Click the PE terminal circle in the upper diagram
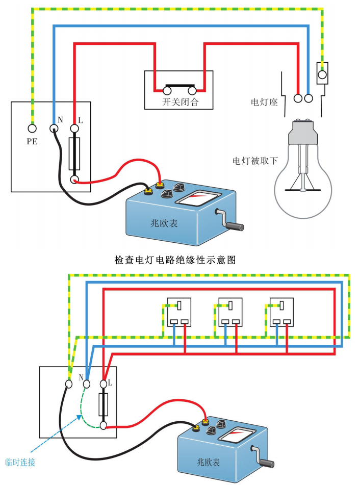pos(32,128)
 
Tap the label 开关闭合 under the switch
pos(181,102)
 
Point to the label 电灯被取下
pos(255,161)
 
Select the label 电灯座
pos(264,102)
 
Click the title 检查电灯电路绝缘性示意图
pos(175,260)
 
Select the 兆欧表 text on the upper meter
pos(164,223)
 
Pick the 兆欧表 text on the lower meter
pos(208,462)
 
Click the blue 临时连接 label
pos(20,462)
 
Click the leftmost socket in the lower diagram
pos(179,312)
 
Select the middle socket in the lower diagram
pos(230,312)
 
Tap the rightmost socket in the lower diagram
pos(282,312)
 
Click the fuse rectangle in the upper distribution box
pos(74,154)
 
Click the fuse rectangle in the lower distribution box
pos(104,405)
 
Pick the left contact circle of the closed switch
pos(167,91)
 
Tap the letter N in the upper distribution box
pos(60,120)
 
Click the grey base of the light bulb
pos(303,132)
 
